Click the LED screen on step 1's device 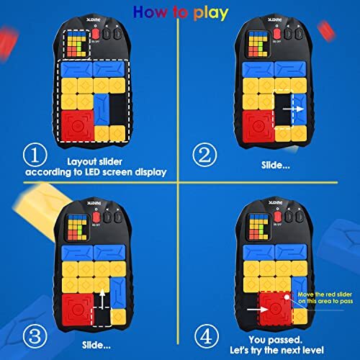click(x=74, y=46)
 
